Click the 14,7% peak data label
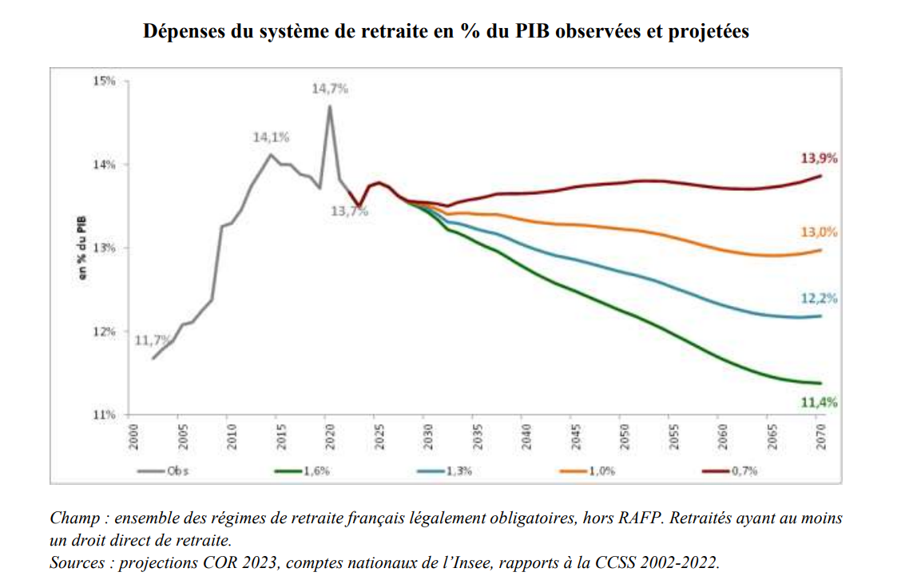click(329, 89)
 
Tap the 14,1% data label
click(271, 137)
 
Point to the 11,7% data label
click(151, 340)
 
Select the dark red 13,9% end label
click(820, 158)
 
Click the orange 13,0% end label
click(820, 232)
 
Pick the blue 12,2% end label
click(820, 299)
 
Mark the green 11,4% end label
click(820, 403)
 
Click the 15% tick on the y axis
click(104, 81)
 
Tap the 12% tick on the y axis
click(104, 332)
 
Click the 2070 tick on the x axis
click(821, 437)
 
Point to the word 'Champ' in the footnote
click(73, 518)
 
